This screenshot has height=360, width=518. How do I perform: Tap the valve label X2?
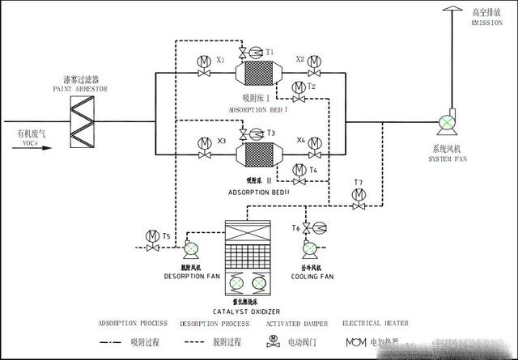click(x=300, y=59)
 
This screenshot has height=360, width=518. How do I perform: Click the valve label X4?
click(x=300, y=139)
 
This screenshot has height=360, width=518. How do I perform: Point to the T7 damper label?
click(x=359, y=182)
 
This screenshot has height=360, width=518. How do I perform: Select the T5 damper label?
click(x=166, y=235)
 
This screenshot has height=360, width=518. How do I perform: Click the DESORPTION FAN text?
click(x=190, y=276)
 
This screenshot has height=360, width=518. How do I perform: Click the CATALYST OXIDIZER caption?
click(x=247, y=310)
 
